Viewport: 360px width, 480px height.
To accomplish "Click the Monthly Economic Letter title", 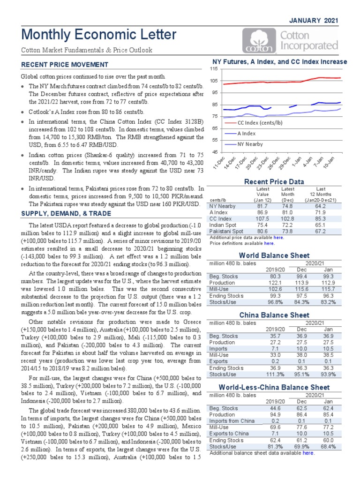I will click(x=98, y=34).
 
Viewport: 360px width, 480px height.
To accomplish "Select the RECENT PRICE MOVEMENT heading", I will click(x=64, y=65).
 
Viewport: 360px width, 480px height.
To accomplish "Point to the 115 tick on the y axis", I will click(x=214, y=69).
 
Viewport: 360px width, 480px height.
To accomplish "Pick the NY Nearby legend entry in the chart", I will click(x=250, y=144).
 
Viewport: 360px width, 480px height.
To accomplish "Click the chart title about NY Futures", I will click(x=280, y=61).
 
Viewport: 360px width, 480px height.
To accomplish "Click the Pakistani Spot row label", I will click(x=226, y=231).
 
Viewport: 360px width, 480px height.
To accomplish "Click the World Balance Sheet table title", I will click(x=274, y=255).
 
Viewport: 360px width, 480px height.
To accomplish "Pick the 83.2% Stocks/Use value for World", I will click(x=329, y=302).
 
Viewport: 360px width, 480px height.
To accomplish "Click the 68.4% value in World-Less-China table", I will click(x=329, y=447).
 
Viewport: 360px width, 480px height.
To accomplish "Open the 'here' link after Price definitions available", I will click(x=269, y=243).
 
